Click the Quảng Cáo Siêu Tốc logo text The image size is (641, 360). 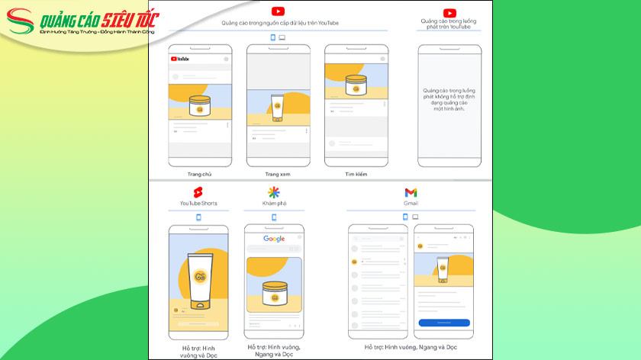coord(89,19)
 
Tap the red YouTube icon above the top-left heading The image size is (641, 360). coord(279,11)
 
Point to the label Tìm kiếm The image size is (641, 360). coord(356,175)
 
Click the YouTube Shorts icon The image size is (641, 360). coord(198,191)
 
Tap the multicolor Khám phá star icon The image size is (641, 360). coord(273,191)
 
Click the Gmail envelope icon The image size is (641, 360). coord(411,192)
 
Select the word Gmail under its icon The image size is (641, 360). coord(411,204)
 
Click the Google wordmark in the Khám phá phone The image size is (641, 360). coord(274,239)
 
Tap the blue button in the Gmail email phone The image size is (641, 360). coord(443,323)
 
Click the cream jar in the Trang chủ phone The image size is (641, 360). coord(199,106)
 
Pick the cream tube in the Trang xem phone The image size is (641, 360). coord(278,107)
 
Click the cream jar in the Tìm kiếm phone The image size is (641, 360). coord(356,85)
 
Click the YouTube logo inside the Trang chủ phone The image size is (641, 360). coord(179,59)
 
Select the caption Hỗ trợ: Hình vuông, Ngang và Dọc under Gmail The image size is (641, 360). coord(410,347)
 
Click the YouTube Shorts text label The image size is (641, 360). coord(198,204)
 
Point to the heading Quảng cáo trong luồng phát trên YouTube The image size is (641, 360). coord(449,24)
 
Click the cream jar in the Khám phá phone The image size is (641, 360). coord(274,294)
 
